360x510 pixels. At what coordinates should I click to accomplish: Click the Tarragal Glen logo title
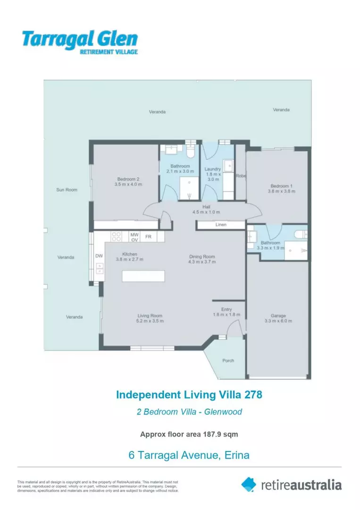[80, 39]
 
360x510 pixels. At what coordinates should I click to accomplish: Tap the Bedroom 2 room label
[128, 178]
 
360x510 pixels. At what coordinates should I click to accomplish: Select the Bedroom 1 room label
[281, 186]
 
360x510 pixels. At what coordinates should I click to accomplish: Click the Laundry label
[213, 169]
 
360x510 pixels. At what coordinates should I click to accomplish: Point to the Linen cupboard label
[221, 225]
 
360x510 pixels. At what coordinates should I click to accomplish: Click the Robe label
[241, 176]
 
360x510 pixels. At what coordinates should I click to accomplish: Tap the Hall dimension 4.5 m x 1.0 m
[206, 212]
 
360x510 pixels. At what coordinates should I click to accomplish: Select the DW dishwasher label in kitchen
[99, 256]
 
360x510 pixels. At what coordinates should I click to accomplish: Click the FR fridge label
[148, 237]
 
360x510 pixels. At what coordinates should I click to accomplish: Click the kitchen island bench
[143, 276]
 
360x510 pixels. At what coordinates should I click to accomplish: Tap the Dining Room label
[202, 257]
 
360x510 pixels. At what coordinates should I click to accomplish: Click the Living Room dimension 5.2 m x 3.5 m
[150, 321]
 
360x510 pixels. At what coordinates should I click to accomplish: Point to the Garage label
[278, 315]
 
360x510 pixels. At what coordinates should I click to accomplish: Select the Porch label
[228, 360]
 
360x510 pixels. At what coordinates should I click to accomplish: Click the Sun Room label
[67, 190]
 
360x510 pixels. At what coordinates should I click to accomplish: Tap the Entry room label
[226, 309]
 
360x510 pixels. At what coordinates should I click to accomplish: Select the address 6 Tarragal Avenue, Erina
[189, 455]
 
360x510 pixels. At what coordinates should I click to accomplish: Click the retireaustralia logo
[291, 484]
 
